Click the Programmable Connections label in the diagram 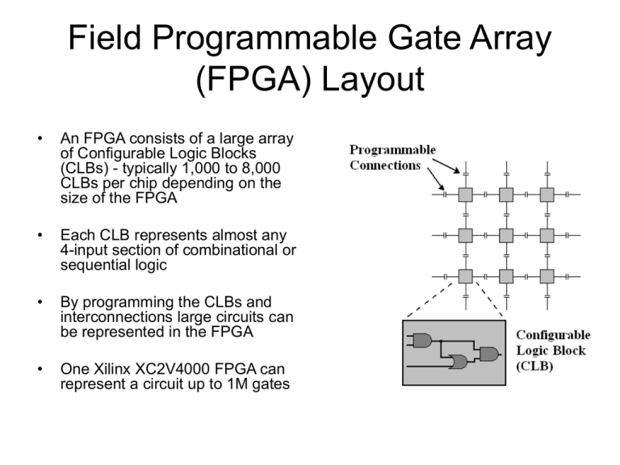click(x=392, y=157)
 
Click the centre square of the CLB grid click(x=506, y=235)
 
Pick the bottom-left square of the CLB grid click(x=465, y=276)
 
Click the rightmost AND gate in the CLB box click(x=488, y=354)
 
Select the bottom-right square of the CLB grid click(x=547, y=276)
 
